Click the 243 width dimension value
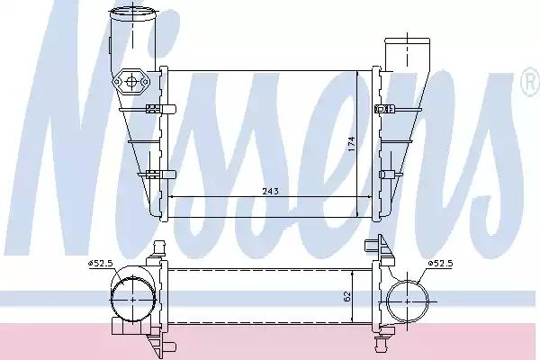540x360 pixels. click(x=270, y=191)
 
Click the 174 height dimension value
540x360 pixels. click(x=351, y=145)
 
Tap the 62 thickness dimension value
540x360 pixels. click(x=346, y=297)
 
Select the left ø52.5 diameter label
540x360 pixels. click(x=100, y=264)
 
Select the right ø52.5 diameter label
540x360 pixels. click(x=440, y=264)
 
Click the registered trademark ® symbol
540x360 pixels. click(x=530, y=82)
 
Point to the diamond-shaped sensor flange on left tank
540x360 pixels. click(x=131, y=82)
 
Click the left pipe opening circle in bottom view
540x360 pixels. click(x=133, y=300)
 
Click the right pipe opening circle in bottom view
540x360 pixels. click(x=408, y=301)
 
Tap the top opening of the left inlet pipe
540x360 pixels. click(x=132, y=13)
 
